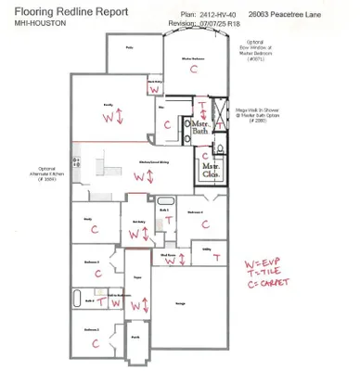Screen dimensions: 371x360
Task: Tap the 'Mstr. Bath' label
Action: click(199, 128)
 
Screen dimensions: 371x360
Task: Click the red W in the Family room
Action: click(108, 118)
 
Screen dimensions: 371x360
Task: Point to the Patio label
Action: click(129, 45)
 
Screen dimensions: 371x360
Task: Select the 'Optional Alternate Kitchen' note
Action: click(53, 174)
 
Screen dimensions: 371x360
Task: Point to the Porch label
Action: click(135, 339)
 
